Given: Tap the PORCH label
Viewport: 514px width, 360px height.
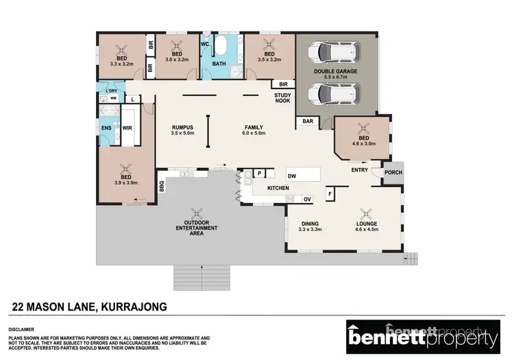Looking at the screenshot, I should pyautogui.click(x=393, y=173).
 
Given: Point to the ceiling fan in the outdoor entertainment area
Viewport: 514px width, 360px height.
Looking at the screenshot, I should pyautogui.click(x=197, y=213).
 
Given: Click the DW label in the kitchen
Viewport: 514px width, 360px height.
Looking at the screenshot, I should pyautogui.click(x=291, y=176).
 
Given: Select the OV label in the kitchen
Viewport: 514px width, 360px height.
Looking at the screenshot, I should pyautogui.click(x=307, y=199).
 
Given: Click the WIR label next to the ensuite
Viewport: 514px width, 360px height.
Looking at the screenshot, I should pyautogui.click(x=127, y=128).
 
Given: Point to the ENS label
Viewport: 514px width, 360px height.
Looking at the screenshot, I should pyautogui.click(x=106, y=128).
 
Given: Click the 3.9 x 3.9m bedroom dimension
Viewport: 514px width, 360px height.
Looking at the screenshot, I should pyautogui.click(x=125, y=183).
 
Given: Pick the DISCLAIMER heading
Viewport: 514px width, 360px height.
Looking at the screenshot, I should pyautogui.click(x=23, y=329).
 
